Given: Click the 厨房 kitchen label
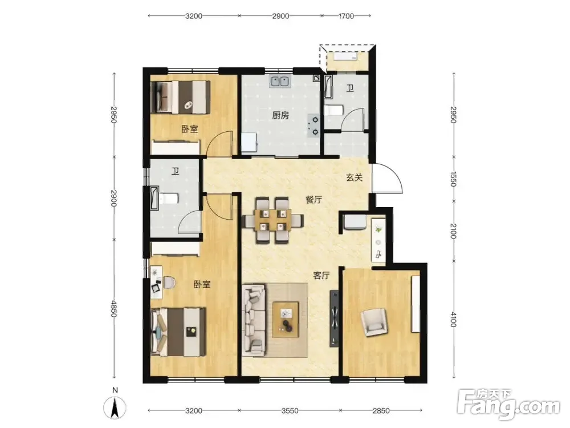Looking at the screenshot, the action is (x=280, y=115).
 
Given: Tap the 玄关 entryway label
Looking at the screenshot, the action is (x=354, y=177).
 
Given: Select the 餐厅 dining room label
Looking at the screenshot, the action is (x=313, y=199).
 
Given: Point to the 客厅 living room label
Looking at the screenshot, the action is (x=321, y=276).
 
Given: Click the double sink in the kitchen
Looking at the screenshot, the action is (x=279, y=82).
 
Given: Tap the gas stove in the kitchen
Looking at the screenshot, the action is (x=313, y=126).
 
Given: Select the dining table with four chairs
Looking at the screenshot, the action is (x=273, y=220).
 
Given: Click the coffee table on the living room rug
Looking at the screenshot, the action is (x=286, y=320).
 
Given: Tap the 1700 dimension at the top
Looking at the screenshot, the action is (x=346, y=16).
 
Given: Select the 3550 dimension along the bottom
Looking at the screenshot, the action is (x=290, y=411).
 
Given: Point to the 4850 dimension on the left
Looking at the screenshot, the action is (x=113, y=309).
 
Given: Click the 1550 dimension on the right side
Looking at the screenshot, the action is (x=453, y=179).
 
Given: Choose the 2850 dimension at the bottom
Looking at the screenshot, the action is (x=381, y=411).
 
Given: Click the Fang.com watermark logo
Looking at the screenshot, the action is (x=508, y=405).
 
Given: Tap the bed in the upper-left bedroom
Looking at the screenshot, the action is (x=181, y=97).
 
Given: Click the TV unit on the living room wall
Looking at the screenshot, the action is (x=335, y=318).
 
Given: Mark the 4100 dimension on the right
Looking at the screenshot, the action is (x=453, y=320).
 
